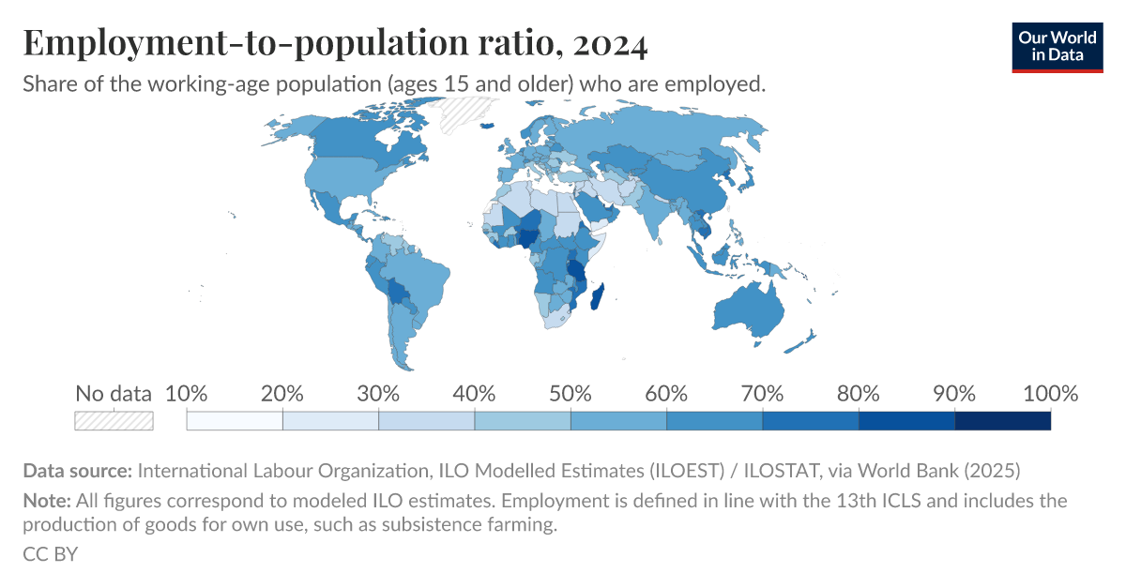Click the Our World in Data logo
click(1057, 44)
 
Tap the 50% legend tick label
click(571, 394)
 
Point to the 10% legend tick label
click(186, 394)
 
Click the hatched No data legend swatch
click(114, 421)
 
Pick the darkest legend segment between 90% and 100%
click(1002, 421)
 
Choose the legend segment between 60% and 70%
click(714, 421)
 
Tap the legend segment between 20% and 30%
click(330, 421)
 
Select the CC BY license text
click(50, 554)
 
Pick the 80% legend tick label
click(859, 394)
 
